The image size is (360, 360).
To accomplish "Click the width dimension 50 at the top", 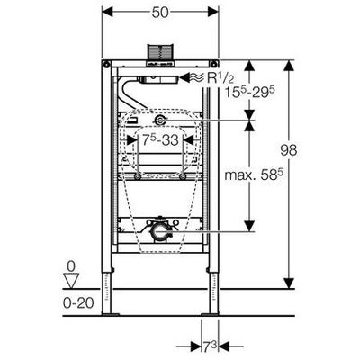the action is click(x=160, y=13).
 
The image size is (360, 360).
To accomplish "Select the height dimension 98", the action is click(x=289, y=149).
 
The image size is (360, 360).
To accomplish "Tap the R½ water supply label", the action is click(x=220, y=78).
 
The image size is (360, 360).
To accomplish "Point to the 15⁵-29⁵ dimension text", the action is click(x=250, y=91).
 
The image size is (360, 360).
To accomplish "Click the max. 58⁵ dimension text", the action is click(x=254, y=175).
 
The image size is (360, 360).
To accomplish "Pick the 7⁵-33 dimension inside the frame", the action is click(x=160, y=139).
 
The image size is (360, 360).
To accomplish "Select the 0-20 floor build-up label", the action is click(x=78, y=303).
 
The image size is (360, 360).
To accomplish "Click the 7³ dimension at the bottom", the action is click(x=211, y=347).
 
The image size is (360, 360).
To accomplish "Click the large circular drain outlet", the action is click(x=158, y=232).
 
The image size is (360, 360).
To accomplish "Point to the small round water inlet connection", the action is click(x=159, y=121).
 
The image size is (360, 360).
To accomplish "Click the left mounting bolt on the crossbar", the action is click(x=138, y=177).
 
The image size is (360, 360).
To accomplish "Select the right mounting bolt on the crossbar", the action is click(x=183, y=177).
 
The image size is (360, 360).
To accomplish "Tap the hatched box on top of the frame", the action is click(x=160, y=52).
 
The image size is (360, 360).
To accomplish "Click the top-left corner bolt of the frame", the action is click(x=106, y=64).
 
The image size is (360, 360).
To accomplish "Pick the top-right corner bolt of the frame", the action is click(x=213, y=64).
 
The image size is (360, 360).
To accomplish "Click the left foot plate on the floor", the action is click(x=111, y=314).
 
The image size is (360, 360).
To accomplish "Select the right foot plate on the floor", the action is click(x=210, y=314).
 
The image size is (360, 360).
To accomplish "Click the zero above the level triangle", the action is click(x=71, y=265).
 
